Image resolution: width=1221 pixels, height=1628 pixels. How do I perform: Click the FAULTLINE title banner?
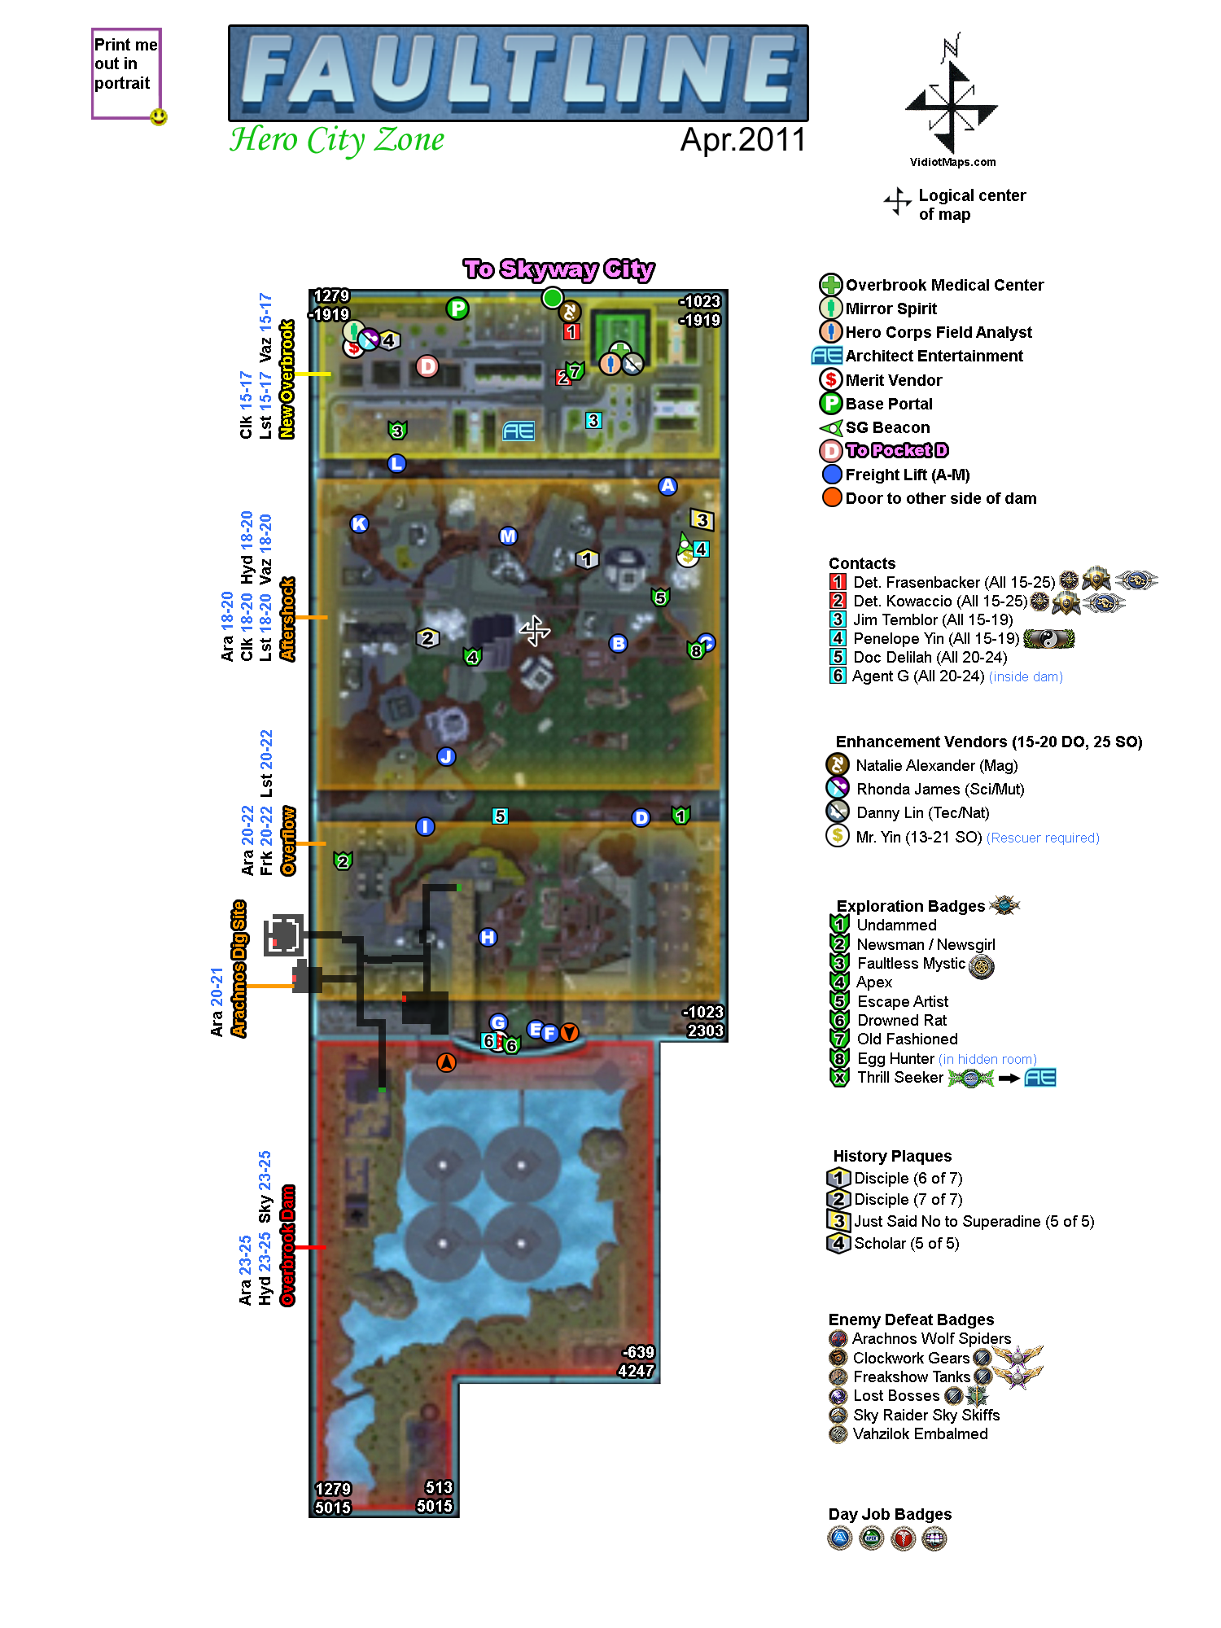(518, 73)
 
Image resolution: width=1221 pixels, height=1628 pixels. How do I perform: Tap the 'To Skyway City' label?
(558, 269)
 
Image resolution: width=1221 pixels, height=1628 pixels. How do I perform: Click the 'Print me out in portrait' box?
(125, 73)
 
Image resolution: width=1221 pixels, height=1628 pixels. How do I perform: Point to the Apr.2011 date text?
(742, 140)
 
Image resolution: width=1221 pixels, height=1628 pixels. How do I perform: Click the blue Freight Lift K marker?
(359, 524)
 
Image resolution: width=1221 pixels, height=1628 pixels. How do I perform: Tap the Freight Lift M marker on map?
(508, 536)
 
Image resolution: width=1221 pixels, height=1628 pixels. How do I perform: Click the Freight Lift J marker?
(446, 756)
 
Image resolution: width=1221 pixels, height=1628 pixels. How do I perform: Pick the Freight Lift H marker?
(488, 937)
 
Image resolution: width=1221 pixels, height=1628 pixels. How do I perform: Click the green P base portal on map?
(457, 309)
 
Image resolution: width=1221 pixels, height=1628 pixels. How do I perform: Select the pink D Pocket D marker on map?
(427, 366)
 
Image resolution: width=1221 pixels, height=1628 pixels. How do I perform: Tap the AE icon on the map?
(519, 431)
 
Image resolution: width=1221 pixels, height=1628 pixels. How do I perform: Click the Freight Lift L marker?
(396, 463)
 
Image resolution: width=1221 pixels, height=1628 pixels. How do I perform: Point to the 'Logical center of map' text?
(971, 204)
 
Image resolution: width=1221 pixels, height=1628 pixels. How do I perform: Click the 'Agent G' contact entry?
(918, 676)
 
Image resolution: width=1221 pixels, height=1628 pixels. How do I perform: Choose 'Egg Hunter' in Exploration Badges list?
(895, 1058)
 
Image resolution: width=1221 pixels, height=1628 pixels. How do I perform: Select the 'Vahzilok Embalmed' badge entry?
(920, 1433)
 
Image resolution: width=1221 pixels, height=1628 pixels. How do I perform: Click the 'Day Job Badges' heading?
(890, 1514)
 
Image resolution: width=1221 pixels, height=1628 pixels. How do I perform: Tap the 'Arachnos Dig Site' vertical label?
(239, 968)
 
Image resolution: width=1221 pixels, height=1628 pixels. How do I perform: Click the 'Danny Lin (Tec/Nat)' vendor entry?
(922, 812)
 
